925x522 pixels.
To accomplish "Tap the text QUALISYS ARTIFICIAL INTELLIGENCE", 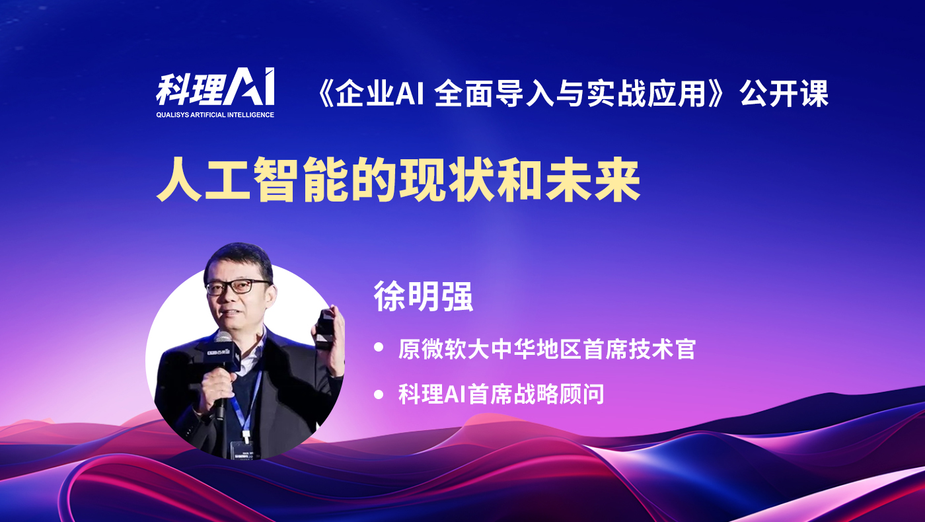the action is point(215,115).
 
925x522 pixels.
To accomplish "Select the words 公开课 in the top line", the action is point(784,94).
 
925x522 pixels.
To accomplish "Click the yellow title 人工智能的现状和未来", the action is point(398,180).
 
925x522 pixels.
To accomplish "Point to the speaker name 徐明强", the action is point(424,296).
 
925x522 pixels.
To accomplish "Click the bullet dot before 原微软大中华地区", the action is point(379,347).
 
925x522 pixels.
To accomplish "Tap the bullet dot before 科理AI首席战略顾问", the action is point(379,394).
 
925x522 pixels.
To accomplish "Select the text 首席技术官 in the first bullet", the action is point(640,350).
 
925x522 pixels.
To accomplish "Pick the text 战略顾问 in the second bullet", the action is point(559,394).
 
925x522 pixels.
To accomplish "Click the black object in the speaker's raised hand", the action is point(326,330).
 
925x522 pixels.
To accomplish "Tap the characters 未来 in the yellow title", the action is point(593,180).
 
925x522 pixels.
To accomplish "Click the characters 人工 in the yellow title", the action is point(204,180).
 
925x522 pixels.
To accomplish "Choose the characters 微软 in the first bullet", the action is point(444,350).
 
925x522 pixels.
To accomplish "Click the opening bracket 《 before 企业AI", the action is point(324,94).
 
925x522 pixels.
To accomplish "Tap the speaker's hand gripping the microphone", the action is point(217,386).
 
